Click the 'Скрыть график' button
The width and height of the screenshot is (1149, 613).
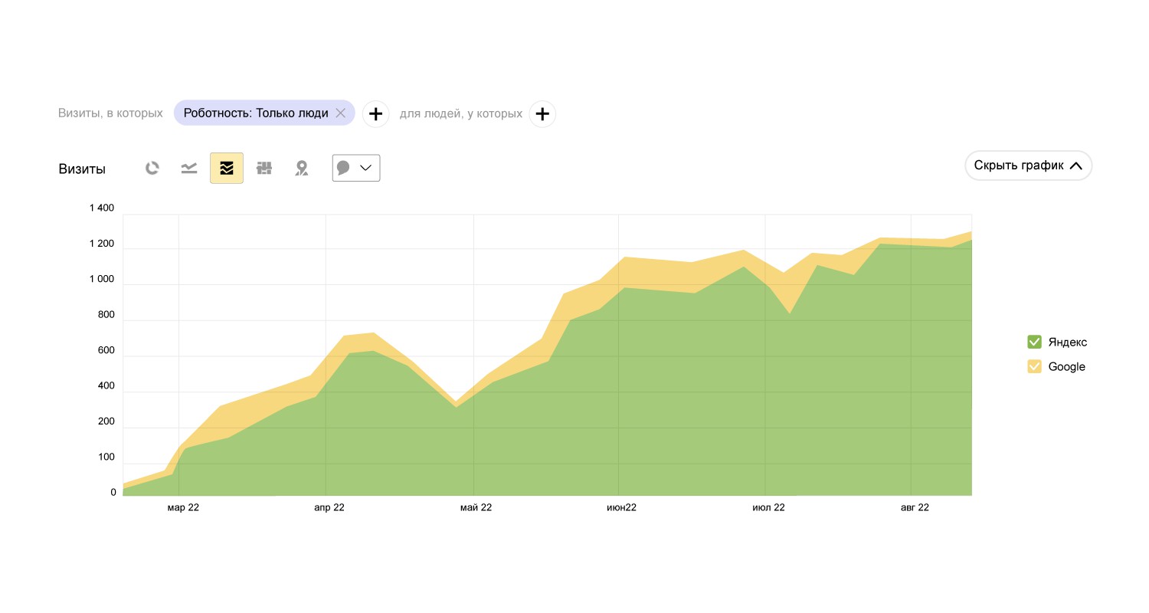[x=1028, y=166]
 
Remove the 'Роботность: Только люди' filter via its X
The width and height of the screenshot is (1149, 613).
[x=341, y=113]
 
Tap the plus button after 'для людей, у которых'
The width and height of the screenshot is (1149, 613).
[x=542, y=114]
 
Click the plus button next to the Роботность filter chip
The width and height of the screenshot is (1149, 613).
[x=375, y=114]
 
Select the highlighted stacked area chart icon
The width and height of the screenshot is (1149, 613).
[x=227, y=168]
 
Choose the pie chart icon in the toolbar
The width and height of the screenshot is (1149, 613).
[x=152, y=168]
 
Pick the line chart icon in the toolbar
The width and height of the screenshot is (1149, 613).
[x=189, y=168]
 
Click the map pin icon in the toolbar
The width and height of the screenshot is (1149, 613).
[x=302, y=168]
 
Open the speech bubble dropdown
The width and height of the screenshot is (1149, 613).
[x=356, y=168]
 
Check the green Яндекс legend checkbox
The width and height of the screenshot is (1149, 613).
[x=1034, y=342]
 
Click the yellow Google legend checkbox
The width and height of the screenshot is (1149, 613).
[x=1034, y=366]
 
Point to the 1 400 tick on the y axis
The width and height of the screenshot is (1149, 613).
[x=102, y=208]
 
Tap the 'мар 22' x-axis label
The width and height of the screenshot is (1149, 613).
[x=183, y=507]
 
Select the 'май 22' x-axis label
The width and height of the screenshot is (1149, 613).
[x=476, y=507]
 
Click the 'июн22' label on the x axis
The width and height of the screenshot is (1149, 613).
[x=621, y=507]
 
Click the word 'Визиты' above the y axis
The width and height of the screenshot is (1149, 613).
[x=82, y=169]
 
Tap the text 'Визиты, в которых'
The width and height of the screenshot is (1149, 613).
[x=110, y=113]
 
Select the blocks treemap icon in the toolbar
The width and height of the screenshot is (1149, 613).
[x=264, y=168]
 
